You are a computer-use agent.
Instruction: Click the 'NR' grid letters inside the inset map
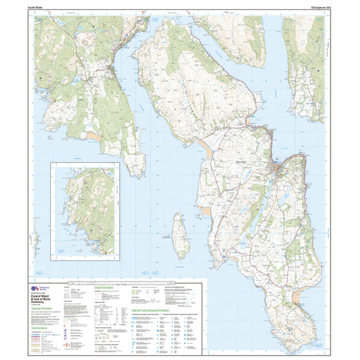coord(63,252)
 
